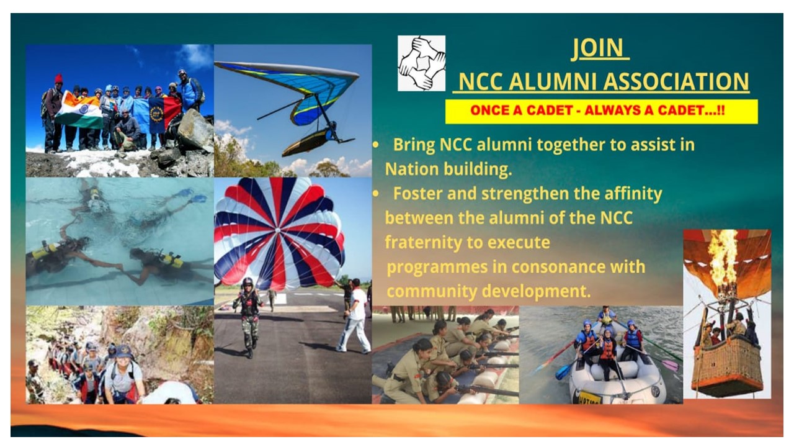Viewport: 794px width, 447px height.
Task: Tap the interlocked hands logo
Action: [421, 63]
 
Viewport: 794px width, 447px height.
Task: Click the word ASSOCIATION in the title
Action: [677, 81]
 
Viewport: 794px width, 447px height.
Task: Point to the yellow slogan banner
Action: [602, 111]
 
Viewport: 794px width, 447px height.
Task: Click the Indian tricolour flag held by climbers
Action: [79, 111]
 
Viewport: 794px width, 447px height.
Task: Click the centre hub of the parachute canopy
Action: [278, 230]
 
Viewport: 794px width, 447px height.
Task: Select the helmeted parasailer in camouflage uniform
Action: [248, 317]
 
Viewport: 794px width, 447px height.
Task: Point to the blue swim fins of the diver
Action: [192, 196]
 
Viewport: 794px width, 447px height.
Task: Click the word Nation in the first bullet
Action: [412, 169]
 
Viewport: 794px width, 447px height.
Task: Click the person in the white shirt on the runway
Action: [354, 316]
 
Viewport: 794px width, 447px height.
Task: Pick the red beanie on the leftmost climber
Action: [58, 78]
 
